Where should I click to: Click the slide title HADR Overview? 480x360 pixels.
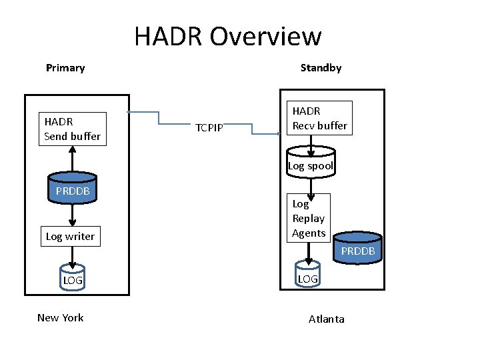[x=227, y=36]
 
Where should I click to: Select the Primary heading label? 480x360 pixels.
[x=65, y=68]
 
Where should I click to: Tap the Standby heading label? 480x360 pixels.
[x=321, y=68]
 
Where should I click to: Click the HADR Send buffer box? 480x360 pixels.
[x=72, y=129]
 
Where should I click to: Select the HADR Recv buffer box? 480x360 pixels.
[x=319, y=118]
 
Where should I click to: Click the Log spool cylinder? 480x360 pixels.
[x=310, y=165]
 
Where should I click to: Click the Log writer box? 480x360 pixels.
[x=70, y=237]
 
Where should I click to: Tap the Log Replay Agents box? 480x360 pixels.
[x=308, y=218]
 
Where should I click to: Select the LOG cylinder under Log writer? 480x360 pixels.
[x=73, y=279]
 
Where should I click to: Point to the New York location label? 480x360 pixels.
[x=60, y=317]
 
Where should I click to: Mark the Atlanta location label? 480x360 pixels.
[x=327, y=319]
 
